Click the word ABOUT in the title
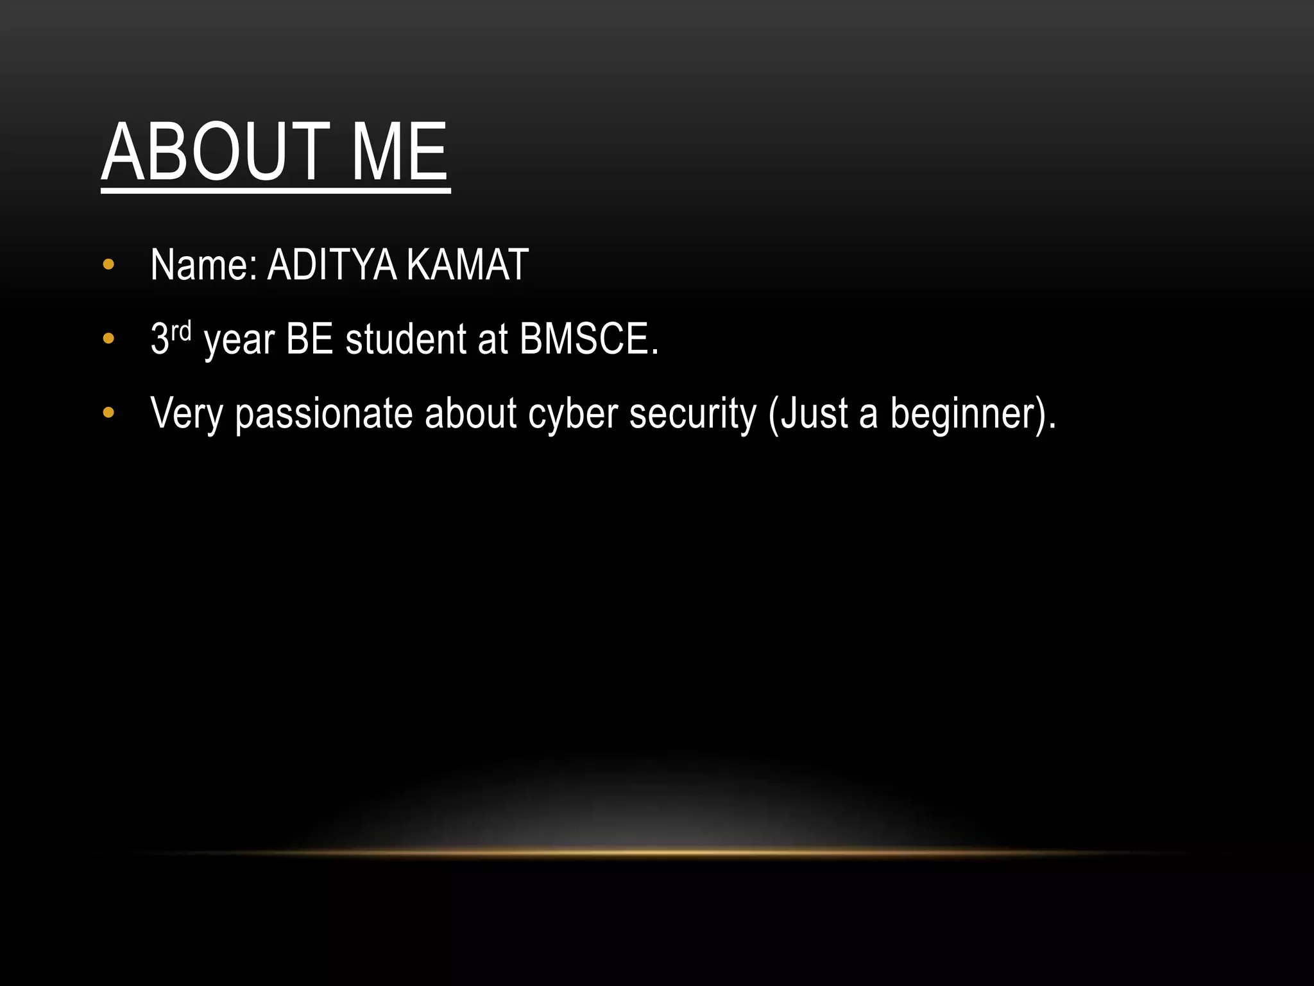click(x=215, y=153)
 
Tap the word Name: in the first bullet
click(x=203, y=264)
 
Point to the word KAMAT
click(x=467, y=264)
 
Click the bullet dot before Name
click(x=108, y=264)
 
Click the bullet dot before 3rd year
click(x=108, y=338)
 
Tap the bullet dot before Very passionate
click(x=108, y=413)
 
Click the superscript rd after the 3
click(x=182, y=331)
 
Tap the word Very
click(x=186, y=413)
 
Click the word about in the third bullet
click(x=470, y=413)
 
